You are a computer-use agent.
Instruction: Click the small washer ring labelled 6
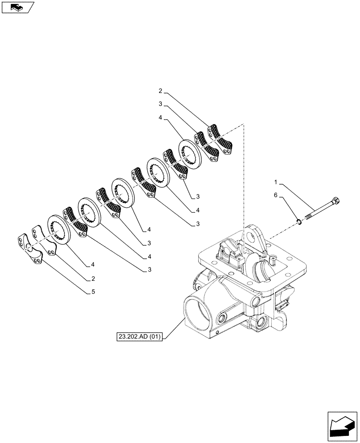tap(300, 222)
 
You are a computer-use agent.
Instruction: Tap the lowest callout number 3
tap(144, 269)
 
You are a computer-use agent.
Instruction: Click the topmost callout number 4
tap(160, 119)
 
